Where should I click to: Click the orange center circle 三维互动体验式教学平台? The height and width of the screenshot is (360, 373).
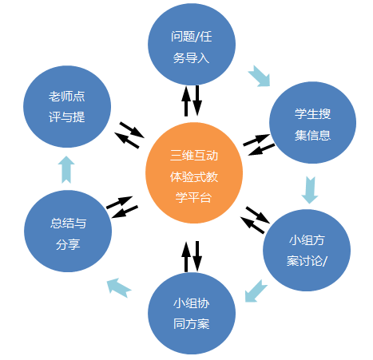point(194,173)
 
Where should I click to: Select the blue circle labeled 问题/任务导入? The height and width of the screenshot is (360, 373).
point(192,44)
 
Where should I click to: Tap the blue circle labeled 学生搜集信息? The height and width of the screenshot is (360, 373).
point(312,122)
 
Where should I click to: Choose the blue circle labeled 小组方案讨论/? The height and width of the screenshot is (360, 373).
point(307,250)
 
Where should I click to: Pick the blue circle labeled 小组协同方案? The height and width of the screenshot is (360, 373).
point(192,313)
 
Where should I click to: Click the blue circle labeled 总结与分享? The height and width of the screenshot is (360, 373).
point(68,231)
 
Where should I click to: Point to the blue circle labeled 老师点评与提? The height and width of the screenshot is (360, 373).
point(67,106)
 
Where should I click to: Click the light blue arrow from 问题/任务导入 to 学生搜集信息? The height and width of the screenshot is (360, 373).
point(260,77)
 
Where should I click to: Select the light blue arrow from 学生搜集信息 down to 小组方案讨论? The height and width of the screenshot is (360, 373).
point(310,190)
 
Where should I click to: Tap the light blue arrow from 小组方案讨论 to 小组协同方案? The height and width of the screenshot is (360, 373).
point(256,291)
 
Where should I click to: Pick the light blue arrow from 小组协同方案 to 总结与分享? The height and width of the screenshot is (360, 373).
point(118,287)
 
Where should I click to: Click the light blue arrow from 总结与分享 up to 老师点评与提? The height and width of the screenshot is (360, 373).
point(66,169)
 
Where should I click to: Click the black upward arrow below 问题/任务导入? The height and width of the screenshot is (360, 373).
point(186,101)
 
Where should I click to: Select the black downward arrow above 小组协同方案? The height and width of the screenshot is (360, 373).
point(197,256)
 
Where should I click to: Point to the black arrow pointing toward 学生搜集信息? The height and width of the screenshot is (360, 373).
point(256,140)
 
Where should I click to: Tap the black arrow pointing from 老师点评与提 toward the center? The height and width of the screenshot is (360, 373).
point(132,130)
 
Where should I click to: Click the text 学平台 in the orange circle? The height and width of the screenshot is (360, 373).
point(193,197)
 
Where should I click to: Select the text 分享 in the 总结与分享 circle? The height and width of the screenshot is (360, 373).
point(68,244)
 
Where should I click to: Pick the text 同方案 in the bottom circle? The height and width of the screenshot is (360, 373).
point(192,324)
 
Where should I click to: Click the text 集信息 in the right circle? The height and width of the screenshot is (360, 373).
point(312,135)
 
